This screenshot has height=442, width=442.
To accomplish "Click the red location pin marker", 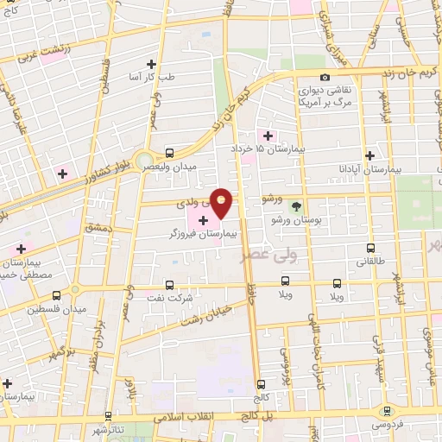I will (x=222, y=202).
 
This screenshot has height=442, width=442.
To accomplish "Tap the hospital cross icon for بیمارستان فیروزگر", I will (x=203, y=221).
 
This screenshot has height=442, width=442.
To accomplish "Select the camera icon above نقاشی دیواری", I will (x=325, y=78).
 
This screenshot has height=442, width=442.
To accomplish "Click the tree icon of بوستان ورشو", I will (x=297, y=205).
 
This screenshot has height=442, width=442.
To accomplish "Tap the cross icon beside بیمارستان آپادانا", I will (x=369, y=156).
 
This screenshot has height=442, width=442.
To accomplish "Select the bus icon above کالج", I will (x=261, y=384).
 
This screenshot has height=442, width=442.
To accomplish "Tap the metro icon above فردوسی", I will (x=386, y=413).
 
